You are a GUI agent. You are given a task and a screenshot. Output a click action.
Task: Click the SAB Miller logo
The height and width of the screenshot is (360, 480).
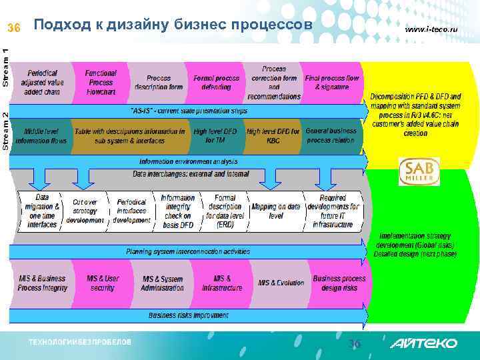420,172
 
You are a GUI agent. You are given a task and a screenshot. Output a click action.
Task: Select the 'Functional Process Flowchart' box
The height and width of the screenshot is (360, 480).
101,82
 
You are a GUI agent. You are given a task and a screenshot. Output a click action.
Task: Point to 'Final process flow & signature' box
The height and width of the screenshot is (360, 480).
331,83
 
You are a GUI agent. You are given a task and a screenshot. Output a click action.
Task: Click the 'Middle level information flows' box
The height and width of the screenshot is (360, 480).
41,136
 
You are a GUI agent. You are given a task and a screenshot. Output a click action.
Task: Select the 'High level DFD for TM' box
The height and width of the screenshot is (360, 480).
214,136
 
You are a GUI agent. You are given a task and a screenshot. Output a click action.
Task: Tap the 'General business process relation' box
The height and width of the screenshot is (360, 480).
331,135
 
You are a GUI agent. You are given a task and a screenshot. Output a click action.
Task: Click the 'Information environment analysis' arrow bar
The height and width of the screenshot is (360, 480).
189,161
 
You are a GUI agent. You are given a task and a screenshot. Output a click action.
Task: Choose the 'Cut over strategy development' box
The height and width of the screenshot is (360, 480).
85,211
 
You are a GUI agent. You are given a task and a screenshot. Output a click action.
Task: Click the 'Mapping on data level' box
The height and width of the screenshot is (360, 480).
276,211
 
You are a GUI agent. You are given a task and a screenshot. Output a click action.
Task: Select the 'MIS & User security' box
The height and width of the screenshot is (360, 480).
103,283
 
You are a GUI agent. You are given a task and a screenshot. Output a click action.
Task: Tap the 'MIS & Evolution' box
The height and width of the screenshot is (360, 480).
281,283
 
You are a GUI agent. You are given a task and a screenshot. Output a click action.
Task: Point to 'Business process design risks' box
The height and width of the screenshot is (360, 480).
339,283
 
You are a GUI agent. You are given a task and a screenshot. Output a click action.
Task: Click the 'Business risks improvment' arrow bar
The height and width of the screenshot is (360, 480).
189,315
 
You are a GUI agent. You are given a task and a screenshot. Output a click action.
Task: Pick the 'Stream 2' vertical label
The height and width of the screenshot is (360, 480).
6,130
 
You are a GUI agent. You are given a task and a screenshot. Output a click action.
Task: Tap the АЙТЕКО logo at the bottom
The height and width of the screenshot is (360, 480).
424,343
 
